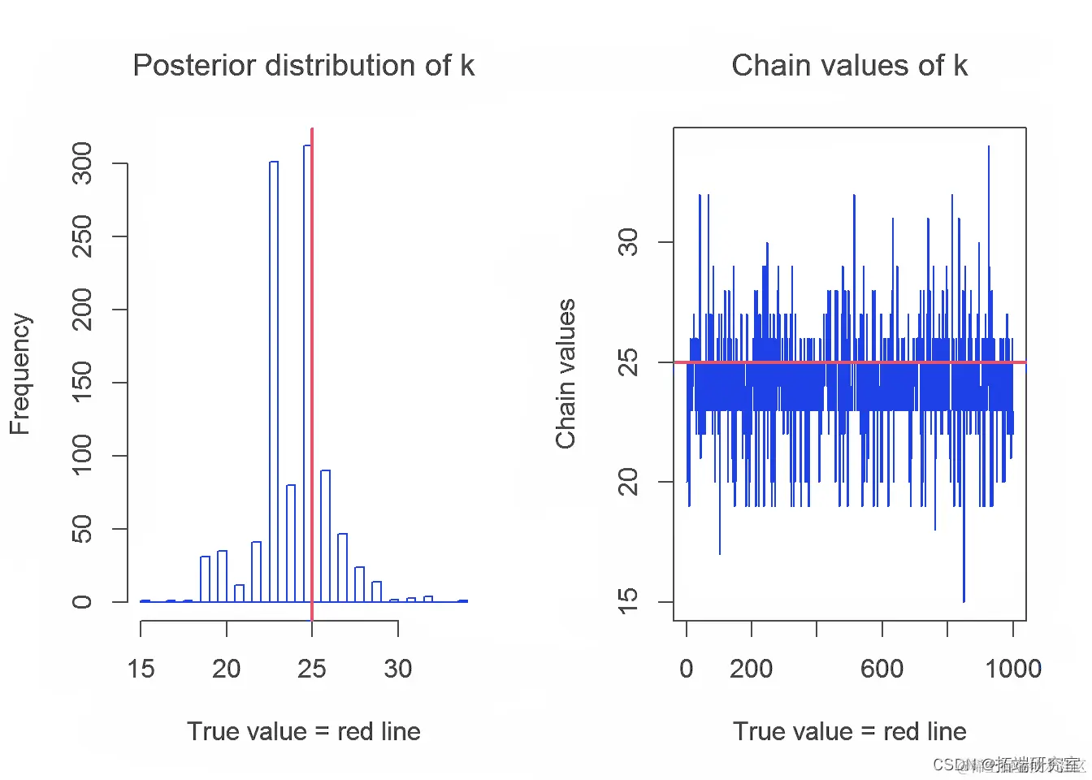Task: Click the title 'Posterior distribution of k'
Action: point(303,65)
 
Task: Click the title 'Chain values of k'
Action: point(849,65)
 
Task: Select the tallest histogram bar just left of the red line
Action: point(307,374)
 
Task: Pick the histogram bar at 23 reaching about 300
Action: point(274,382)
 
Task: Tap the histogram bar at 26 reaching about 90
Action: point(325,536)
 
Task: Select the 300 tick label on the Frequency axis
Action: point(82,163)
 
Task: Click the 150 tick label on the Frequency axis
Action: point(82,382)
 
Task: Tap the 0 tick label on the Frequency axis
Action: point(82,602)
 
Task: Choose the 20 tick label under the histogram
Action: point(226,669)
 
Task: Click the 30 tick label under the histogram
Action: point(397,669)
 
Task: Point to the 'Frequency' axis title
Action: point(19,374)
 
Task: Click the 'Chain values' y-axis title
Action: point(565,374)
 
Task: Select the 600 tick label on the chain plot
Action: point(882,669)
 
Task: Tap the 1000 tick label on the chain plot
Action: point(1012,669)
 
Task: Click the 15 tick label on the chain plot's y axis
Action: point(628,601)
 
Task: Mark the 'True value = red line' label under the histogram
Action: point(303,731)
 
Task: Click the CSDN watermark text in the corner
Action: point(1007,765)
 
